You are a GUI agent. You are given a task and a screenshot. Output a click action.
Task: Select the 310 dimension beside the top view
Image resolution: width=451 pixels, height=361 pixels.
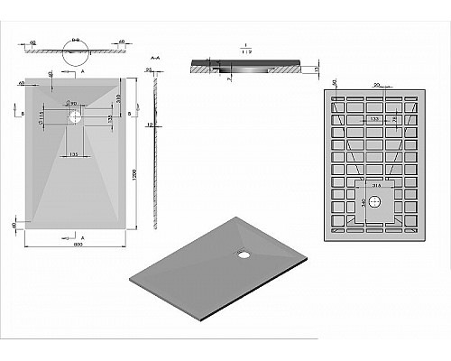click(118, 97)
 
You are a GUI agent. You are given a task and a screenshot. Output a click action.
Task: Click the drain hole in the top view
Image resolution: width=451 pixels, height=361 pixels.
click(75, 116)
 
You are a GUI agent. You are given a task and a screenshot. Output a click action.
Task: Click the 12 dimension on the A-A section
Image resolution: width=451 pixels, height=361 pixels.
click(154, 125)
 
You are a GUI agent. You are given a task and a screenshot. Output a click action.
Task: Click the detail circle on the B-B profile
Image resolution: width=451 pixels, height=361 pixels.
click(75, 42)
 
